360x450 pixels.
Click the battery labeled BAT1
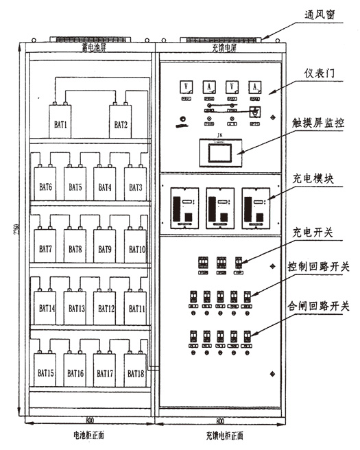tap(61, 124)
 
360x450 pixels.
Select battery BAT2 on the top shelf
tap(121, 124)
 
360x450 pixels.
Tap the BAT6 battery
tap(46, 187)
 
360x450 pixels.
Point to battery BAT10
tap(136, 248)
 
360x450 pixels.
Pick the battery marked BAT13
tap(75, 309)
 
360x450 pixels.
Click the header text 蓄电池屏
tap(93, 49)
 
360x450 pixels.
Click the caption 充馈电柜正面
tap(223, 435)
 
